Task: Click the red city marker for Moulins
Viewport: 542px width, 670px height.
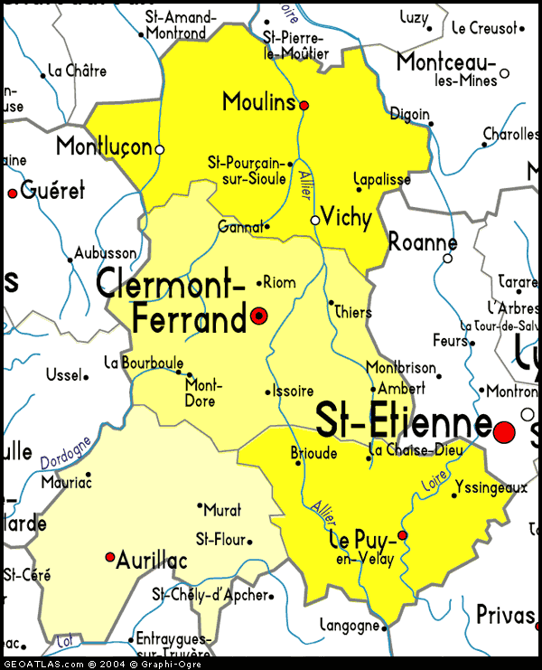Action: click(304, 106)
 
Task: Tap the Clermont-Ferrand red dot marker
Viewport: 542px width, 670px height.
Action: click(259, 316)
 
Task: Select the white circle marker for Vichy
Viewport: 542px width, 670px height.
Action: click(315, 220)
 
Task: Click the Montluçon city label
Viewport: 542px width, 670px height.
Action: click(103, 146)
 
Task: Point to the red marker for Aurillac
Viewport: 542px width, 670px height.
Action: click(110, 557)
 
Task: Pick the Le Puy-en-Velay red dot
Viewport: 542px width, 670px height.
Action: click(403, 535)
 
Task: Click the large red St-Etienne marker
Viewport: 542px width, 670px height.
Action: click(504, 431)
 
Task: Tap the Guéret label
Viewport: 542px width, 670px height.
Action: click(52, 191)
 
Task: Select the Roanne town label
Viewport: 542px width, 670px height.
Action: click(422, 242)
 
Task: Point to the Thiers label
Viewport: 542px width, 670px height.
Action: click(353, 312)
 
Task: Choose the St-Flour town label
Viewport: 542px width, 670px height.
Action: click(220, 540)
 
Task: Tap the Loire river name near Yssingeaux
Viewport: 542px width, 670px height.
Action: click(434, 479)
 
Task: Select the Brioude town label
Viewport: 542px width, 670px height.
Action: click(314, 453)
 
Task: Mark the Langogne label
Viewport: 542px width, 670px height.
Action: click(350, 626)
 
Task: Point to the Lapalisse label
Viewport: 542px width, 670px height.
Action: click(381, 179)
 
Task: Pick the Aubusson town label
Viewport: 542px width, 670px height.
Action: click(106, 254)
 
